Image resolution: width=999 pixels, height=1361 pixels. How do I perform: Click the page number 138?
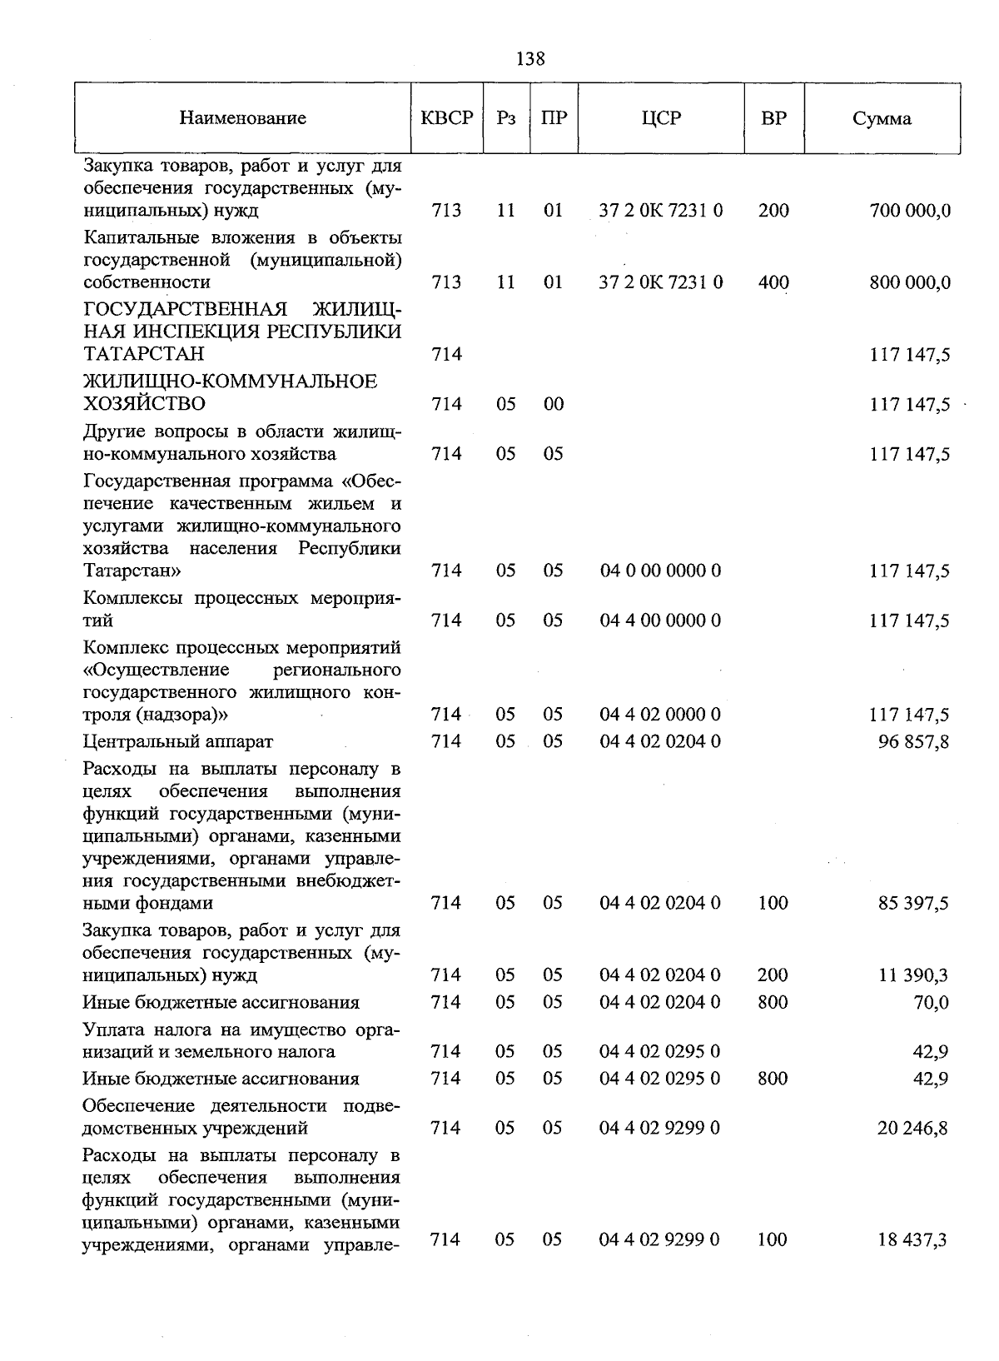530,58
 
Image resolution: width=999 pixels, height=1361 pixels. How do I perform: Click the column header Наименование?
242,118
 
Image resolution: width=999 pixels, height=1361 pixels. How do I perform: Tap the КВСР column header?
447,118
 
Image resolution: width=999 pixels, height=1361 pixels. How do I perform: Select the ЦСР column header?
661,118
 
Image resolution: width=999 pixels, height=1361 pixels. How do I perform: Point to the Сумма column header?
882,118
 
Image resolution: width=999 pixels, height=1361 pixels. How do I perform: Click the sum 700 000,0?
909,211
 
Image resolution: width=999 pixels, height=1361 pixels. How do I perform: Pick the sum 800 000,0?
909,283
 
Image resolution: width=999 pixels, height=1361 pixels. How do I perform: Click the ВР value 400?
773,283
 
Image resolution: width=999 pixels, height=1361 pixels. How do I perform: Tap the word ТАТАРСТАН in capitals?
144,354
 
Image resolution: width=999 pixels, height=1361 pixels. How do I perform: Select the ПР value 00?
553,404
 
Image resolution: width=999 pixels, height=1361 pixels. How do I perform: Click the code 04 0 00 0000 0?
660,571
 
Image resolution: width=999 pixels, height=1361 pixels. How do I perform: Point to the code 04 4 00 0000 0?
660,621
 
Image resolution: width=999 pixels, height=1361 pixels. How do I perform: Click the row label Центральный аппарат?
177,741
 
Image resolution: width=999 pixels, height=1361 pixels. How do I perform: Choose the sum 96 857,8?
913,741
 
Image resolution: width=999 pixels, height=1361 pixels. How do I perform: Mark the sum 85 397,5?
913,904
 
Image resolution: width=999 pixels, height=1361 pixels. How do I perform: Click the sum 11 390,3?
913,975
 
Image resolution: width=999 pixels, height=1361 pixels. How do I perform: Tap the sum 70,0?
931,1002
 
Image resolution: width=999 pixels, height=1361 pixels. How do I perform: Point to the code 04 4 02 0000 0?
660,715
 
